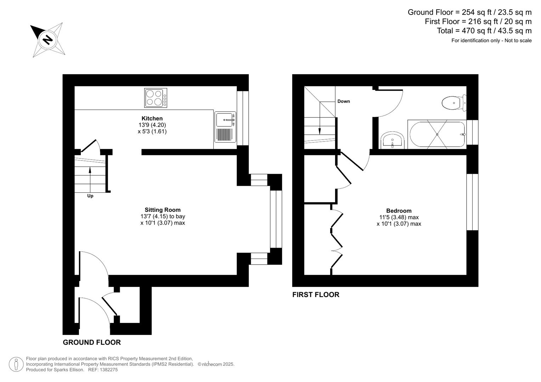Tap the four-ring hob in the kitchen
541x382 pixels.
coord(156,98)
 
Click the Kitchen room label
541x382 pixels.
coord(152,118)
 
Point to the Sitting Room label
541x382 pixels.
coord(163,210)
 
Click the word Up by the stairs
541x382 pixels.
coord(90,196)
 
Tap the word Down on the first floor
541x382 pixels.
coord(343,102)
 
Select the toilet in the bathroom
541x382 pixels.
coord(453,103)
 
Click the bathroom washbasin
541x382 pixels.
coord(392,140)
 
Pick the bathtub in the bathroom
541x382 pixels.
coord(437,134)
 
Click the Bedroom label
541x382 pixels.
coord(399,211)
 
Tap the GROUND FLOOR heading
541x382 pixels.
coord(92,342)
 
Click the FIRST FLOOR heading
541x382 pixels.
coord(316,295)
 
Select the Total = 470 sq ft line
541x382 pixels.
coord(484,31)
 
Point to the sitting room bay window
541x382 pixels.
coord(276,219)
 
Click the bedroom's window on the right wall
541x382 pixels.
coord(472,202)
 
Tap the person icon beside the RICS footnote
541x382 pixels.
coord(16,364)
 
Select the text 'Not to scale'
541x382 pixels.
coord(518,41)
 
